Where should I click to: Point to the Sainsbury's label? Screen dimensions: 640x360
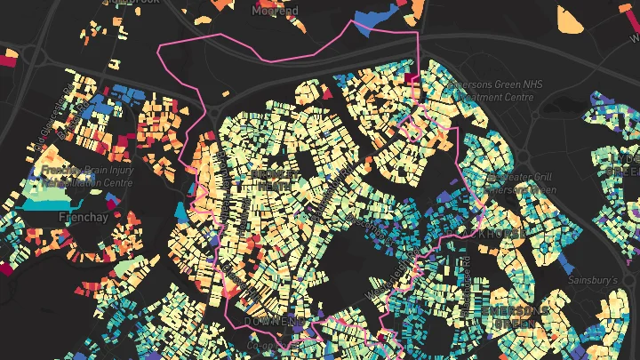tap(593, 279)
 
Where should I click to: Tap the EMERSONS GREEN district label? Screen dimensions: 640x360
tap(515, 316)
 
